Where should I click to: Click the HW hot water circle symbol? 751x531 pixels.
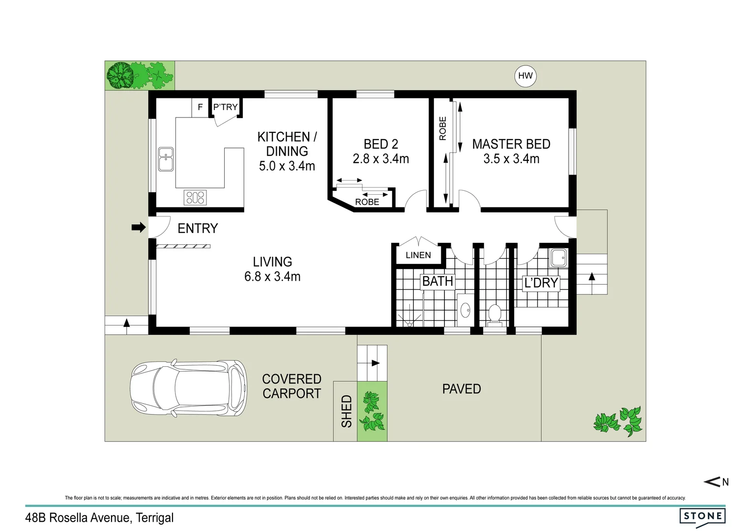pyautogui.click(x=525, y=76)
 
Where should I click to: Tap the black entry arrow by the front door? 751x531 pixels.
pyautogui.click(x=139, y=227)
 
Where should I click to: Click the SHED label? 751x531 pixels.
pyautogui.click(x=347, y=411)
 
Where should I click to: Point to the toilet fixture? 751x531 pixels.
pyautogui.click(x=494, y=314)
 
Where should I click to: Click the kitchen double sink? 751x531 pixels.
pyautogui.click(x=166, y=159)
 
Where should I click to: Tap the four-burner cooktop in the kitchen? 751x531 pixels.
pyautogui.click(x=195, y=198)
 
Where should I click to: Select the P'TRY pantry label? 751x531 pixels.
pyautogui.click(x=225, y=107)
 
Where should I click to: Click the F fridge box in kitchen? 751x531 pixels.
pyautogui.click(x=200, y=107)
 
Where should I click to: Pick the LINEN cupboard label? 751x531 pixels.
pyautogui.click(x=418, y=255)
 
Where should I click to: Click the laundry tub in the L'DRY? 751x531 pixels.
pyautogui.click(x=558, y=258)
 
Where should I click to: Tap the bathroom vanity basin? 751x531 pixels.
pyautogui.click(x=465, y=310)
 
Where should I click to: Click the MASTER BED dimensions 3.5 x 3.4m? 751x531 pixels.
pyautogui.click(x=511, y=159)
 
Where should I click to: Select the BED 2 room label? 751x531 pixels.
pyautogui.click(x=380, y=144)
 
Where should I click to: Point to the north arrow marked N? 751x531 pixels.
pyautogui.click(x=717, y=482)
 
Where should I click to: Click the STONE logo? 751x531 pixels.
pyautogui.click(x=702, y=516)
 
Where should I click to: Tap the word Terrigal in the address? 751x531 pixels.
pyautogui.click(x=154, y=518)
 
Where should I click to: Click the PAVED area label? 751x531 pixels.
pyautogui.click(x=461, y=389)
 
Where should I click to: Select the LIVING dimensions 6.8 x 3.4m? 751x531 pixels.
pyautogui.click(x=272, y=276)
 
